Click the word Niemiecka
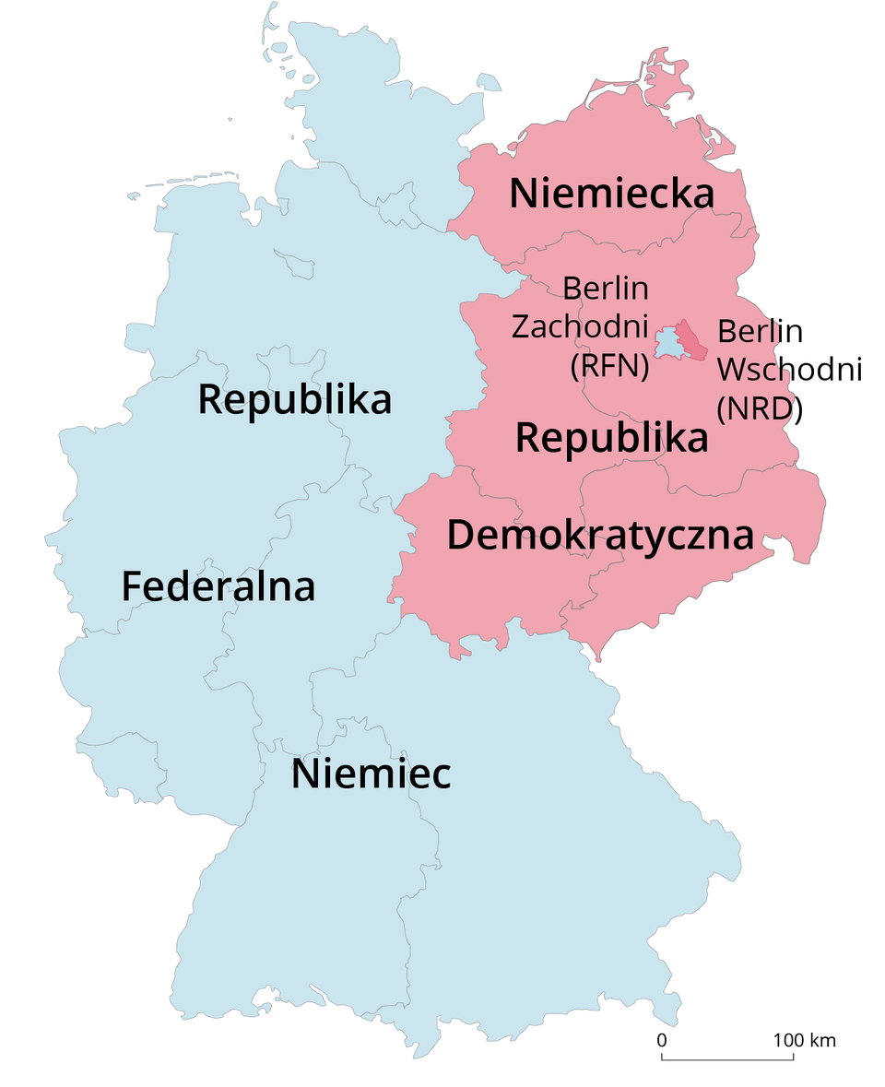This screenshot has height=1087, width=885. point(612,195)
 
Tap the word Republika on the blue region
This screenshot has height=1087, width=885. point(295,400)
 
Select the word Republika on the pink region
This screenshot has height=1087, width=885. point(612,437)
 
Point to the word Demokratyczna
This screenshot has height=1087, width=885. point(600,535)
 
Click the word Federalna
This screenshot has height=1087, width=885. point(218,587)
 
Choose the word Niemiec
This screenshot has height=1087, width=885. point(372,774)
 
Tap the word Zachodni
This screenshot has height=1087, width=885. point(580,327)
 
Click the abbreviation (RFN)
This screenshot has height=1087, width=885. point(610,367)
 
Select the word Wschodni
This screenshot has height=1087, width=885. point(789,369)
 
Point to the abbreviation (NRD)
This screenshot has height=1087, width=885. point(760,408)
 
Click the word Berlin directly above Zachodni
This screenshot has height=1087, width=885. point(606,289)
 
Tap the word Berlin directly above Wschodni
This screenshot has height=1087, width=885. point(760,330)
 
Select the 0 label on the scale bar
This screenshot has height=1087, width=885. point(661,1040)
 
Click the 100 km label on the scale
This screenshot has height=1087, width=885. point(804,1040)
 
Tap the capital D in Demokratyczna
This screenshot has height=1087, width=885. point(461,535)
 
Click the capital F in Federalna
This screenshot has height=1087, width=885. point(131,587)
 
